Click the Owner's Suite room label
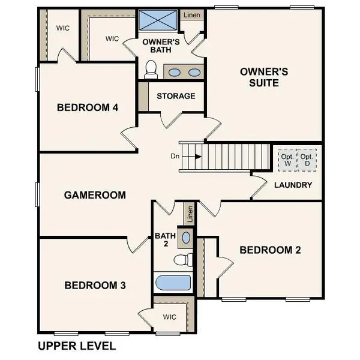[x=264, y=77]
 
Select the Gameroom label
[x=95, y=195]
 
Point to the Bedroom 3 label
[x=95, y=285]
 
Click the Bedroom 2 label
[x=270, y=250]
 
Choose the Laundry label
[x=293, y=185]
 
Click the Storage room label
[x=176, y=96]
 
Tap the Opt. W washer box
[x=287, y=160]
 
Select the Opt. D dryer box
[x=308, y=160]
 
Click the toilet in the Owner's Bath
[x=151, y=70]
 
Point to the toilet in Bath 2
[x=181, y=260]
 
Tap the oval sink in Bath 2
[x=186, y=237]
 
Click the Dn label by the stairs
[x=175, y=156]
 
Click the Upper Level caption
[x=76, y=346]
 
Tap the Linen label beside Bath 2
[x=190, y=212]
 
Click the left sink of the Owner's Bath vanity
[x=174, y=73]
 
